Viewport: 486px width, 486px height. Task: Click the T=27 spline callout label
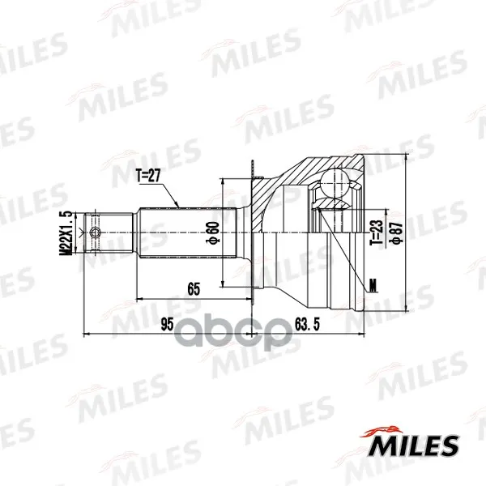click(x=149, y=176)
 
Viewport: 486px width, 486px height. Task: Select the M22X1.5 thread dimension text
click(x=66, y=232)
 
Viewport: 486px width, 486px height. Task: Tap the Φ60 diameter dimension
click(x=214, y=232)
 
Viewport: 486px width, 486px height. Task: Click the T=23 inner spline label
click(x=377, y=232)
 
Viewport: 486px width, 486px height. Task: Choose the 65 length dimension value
click(x=194, y=289)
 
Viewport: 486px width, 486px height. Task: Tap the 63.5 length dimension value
click(x=307, y=324)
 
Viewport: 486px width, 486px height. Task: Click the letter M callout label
click(x=373, y=286)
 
